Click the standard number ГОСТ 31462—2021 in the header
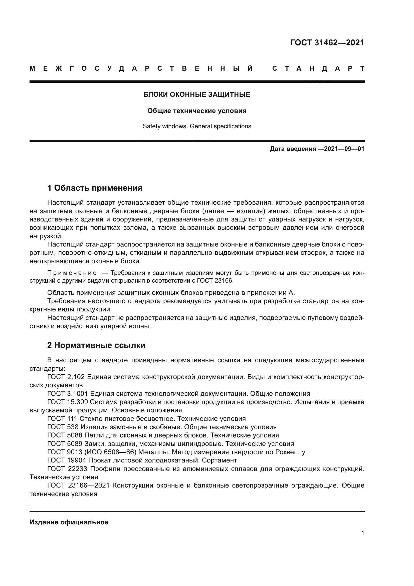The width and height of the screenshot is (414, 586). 327,43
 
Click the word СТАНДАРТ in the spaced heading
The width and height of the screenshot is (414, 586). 318,68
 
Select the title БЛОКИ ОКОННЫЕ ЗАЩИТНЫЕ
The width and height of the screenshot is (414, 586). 197,94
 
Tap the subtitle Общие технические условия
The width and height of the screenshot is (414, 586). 197,111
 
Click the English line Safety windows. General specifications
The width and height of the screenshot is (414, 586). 197,126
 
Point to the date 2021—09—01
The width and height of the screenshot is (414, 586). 344,149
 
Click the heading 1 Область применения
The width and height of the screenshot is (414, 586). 95,188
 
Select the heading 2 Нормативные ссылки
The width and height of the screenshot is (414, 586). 96,345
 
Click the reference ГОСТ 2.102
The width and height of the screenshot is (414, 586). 67,377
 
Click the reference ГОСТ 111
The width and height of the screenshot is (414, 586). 62,419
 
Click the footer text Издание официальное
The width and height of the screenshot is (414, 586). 69,522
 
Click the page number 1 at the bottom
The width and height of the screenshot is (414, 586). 362,533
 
